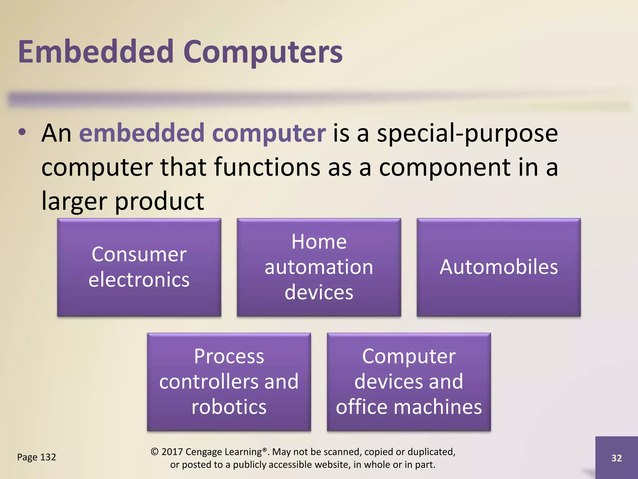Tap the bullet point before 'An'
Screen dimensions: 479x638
[x=22, y=132]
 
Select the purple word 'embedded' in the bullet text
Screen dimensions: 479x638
[x=142, y=133]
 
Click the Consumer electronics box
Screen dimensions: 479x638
[x=139, y=267]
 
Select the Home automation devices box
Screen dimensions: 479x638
[x=319, y=267]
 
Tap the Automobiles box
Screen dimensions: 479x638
[x=498, y=267]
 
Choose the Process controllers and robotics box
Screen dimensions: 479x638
[x=229, y=382]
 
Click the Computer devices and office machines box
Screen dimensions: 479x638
[x=409, y=382]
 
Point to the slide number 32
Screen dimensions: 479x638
[x=617, y=458]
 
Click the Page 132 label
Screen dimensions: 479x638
[x=36, y=457]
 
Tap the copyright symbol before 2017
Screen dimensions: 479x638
[x=155, y=452]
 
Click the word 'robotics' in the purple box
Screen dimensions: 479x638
[x=229, y=407]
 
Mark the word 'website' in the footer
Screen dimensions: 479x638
[x=332, y=465]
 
